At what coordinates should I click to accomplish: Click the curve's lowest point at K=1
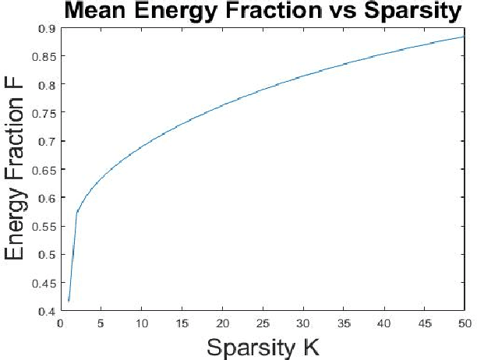(x=69, y=301)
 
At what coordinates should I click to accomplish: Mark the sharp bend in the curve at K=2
(x=77, y=212)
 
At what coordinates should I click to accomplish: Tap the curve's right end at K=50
(x=464, y=37)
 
